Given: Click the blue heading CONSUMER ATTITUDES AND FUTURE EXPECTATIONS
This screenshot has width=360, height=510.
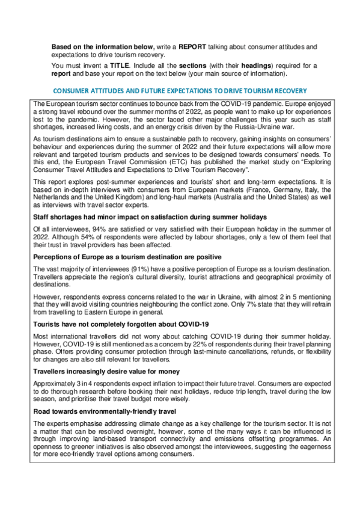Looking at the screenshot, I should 180,91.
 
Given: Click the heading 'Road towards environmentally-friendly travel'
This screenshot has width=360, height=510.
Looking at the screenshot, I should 105,413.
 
